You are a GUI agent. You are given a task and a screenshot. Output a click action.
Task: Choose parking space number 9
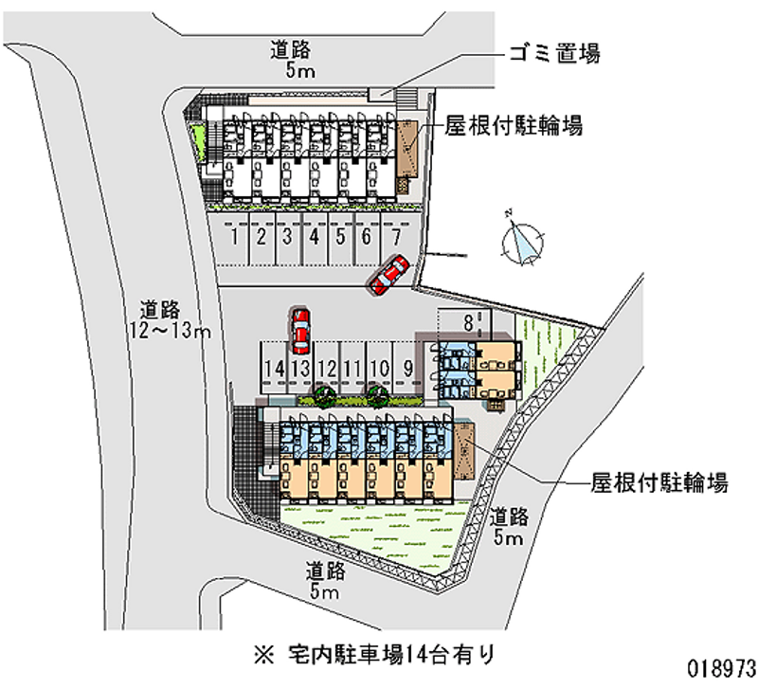(408, 369)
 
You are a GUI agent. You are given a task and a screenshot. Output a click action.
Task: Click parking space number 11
(352, 369)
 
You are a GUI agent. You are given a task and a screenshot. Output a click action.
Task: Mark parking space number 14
(274, 369)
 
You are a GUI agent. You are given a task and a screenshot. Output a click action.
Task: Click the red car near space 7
(389, 275)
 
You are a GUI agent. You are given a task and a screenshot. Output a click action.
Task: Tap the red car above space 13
(300, 331)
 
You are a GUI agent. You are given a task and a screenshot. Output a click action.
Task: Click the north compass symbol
(522, 241)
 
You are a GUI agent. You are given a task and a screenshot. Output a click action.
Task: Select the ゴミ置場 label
(554, 53)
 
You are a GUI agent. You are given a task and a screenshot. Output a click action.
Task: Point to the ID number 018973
(722, 669)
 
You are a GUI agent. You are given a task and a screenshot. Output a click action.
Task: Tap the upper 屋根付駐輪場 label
(514, 126)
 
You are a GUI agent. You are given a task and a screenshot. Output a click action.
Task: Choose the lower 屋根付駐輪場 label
(659, 482)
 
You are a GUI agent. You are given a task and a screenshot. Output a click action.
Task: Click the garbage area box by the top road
(381, 94)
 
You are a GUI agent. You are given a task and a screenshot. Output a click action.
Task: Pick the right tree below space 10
(377, 395)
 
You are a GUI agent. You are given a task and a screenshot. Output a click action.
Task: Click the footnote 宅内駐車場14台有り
(374, 655)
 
